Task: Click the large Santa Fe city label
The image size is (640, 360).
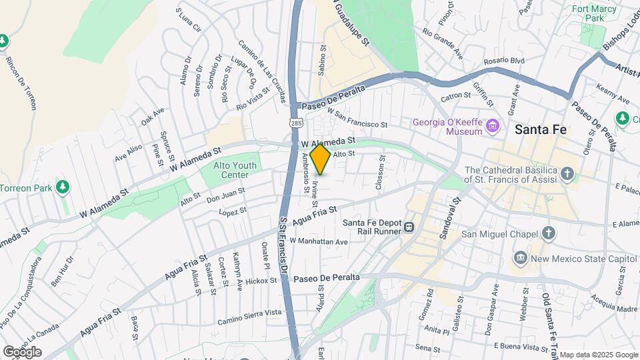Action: (x=541, y=130)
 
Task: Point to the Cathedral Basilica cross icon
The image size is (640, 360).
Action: (x=567, y=175)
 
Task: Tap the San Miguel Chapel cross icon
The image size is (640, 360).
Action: (x=548, y=233)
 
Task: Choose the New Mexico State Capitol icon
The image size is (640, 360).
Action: (x=520, y=258)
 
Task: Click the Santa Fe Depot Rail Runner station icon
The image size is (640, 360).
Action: (x=408, y=227)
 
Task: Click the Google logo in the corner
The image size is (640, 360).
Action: (x=22, y=351)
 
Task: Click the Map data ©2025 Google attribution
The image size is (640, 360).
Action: (x=598, y=355)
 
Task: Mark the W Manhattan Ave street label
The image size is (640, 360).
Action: (x=319, y=241)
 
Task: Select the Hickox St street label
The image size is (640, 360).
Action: (x=260, y=281)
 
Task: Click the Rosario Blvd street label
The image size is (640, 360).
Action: (x=505, y=61)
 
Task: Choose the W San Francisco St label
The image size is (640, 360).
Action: (x=357, y=121)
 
